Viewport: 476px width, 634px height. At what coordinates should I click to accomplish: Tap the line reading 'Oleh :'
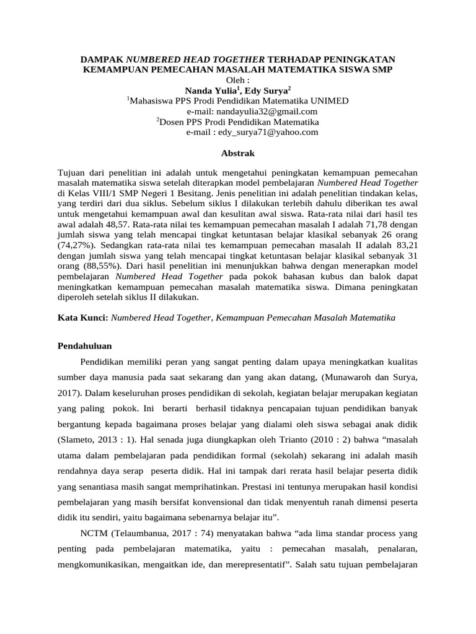pos(238,80)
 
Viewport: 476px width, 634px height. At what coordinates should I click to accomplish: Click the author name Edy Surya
pos(267,90)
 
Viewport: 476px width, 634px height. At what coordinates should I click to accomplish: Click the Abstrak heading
pos(238,153)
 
